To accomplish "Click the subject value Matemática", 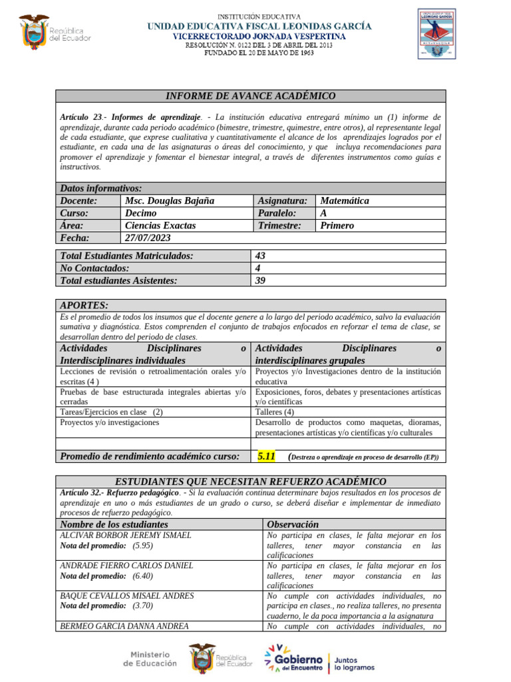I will pyautogui.click(x=344, y=200).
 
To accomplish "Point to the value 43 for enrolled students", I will pyautogui.click(x=260, y=256).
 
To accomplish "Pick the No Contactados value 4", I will pyautogui.click(x=258, y=268).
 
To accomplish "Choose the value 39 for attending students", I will pyautogui.click(x=260, y=281).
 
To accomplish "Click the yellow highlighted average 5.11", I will pyautogui.click(x=265, y=457).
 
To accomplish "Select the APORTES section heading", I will pyautogui.click(x=84, y=305).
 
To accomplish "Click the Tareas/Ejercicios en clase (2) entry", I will pyautogui.click(x=111, y=412).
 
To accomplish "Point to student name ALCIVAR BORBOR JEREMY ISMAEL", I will pyautogui.click(x=126, y=535).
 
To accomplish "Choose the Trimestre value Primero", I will pyautogui.click(x=337, y=226).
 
